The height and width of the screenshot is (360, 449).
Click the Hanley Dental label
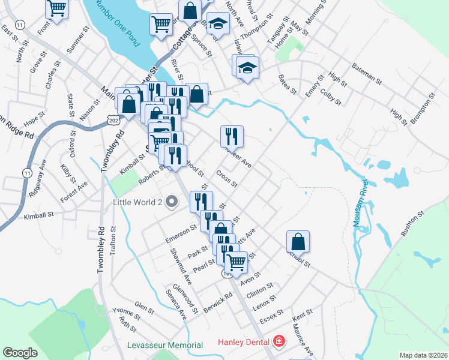(243, 344)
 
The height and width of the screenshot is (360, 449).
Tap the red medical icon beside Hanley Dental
(279, 343)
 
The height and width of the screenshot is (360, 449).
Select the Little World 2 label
(139, 202)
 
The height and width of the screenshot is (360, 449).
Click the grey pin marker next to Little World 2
(172, 202)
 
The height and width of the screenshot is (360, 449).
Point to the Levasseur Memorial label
(165, 346)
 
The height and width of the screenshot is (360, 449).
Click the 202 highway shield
(114, 122)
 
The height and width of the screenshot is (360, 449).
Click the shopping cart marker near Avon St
(237, 262)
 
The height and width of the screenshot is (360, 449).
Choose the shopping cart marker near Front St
(56, 9)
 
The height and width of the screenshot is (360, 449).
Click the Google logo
(20, 353)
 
